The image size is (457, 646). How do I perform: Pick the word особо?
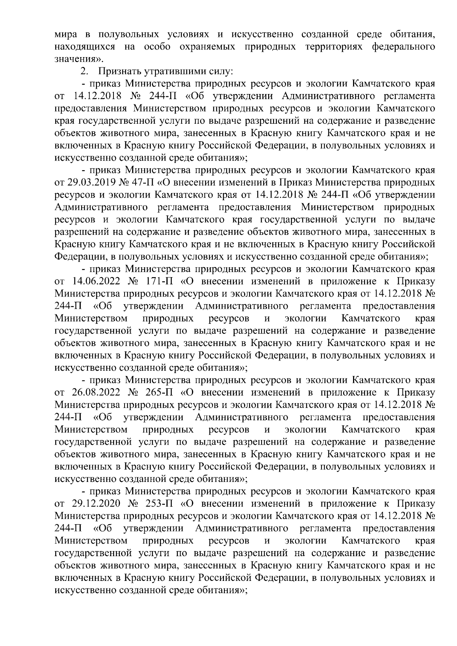click(157, 47)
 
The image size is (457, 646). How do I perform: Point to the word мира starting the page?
click(66, 35)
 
